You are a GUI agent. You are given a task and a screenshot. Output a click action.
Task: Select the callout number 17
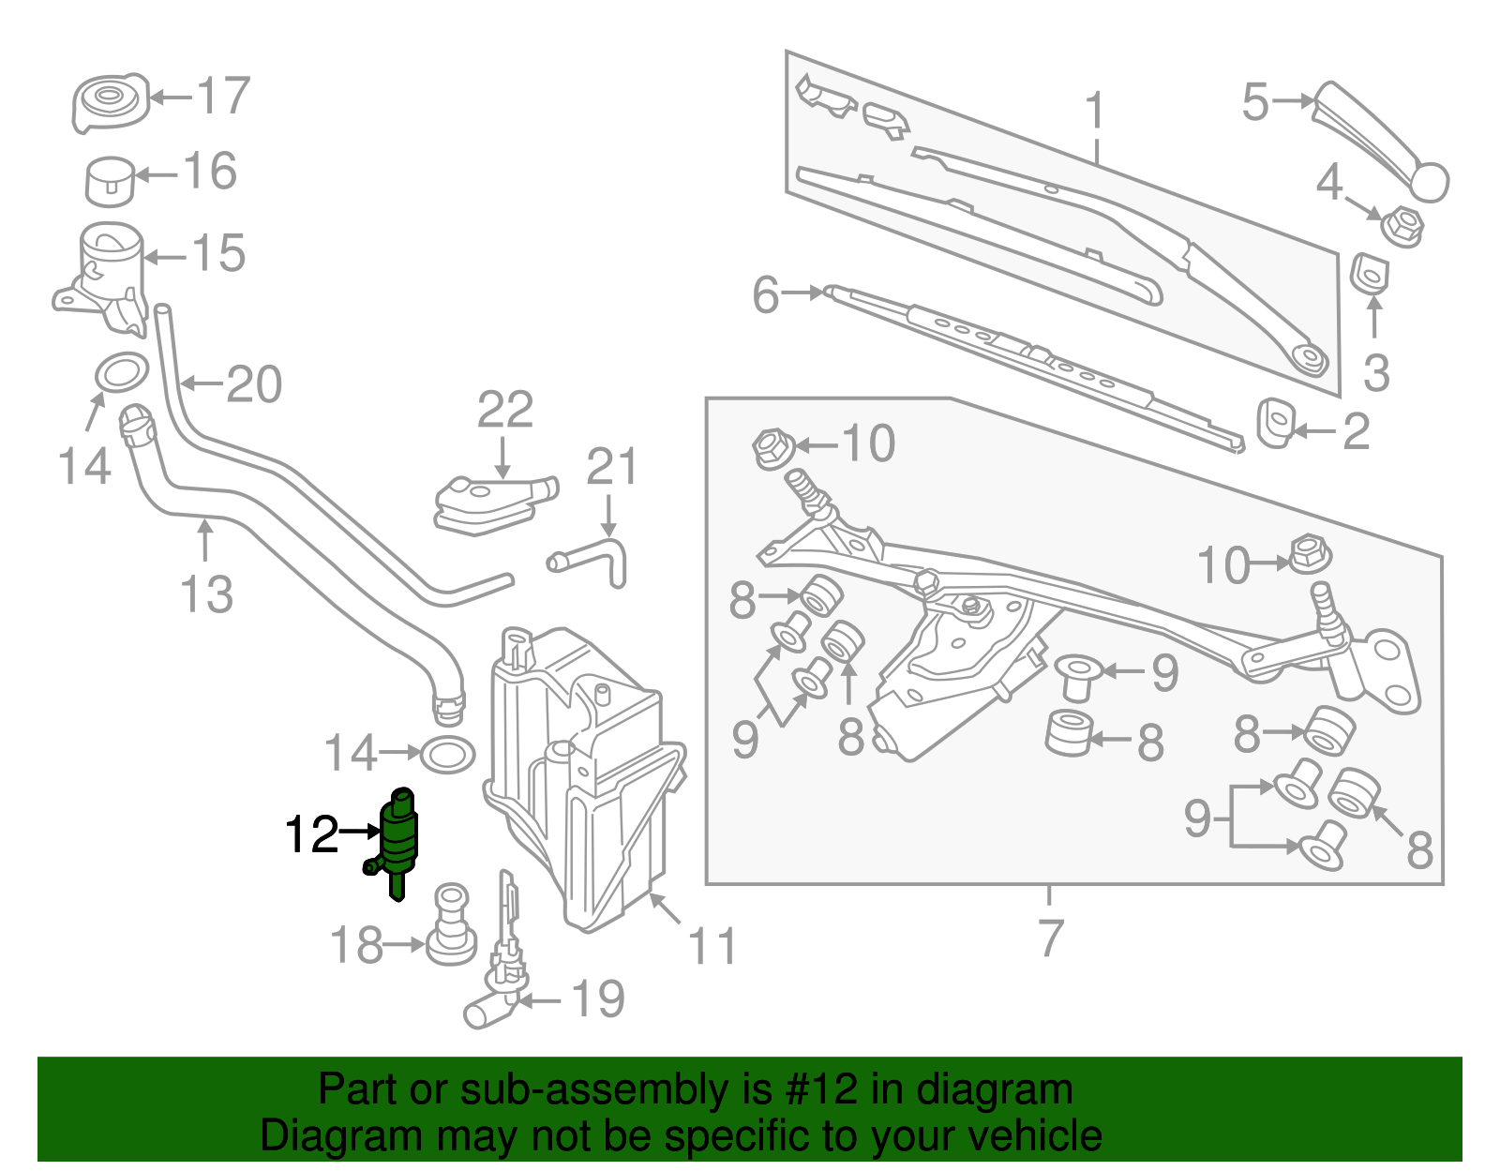[x=223, y=96]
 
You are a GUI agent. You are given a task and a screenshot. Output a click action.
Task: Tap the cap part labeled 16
[x=110, y=181]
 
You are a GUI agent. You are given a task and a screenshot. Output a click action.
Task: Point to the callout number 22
[x=505, y=410]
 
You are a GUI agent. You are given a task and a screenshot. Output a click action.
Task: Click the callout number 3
[x=1375, y=372]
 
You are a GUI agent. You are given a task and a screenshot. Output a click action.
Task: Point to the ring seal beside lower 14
[x=447, y=753]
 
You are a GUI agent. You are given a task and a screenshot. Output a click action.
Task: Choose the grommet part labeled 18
[x=451, y=925]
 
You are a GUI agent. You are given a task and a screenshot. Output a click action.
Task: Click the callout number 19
[x=598, y=999]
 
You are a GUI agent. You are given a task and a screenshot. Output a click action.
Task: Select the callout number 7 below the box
[x=1051, y=938]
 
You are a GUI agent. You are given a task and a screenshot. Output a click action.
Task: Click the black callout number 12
[x=311, y=833]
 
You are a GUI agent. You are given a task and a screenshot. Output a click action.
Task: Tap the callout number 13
[x=206, y=594]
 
